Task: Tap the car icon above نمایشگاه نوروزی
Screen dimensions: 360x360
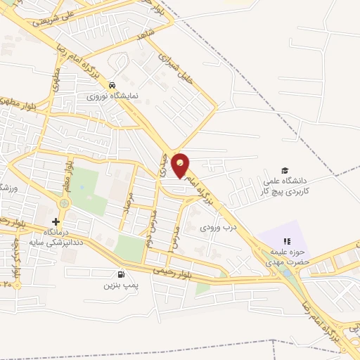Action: point(112,84)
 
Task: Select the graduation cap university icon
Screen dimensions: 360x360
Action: point(285,170)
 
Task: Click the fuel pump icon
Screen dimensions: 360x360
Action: point(122,274)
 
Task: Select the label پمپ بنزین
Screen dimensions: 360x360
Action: point(119,285)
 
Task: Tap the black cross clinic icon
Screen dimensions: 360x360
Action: point(56,221)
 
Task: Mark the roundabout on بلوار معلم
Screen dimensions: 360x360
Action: point(63,202)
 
